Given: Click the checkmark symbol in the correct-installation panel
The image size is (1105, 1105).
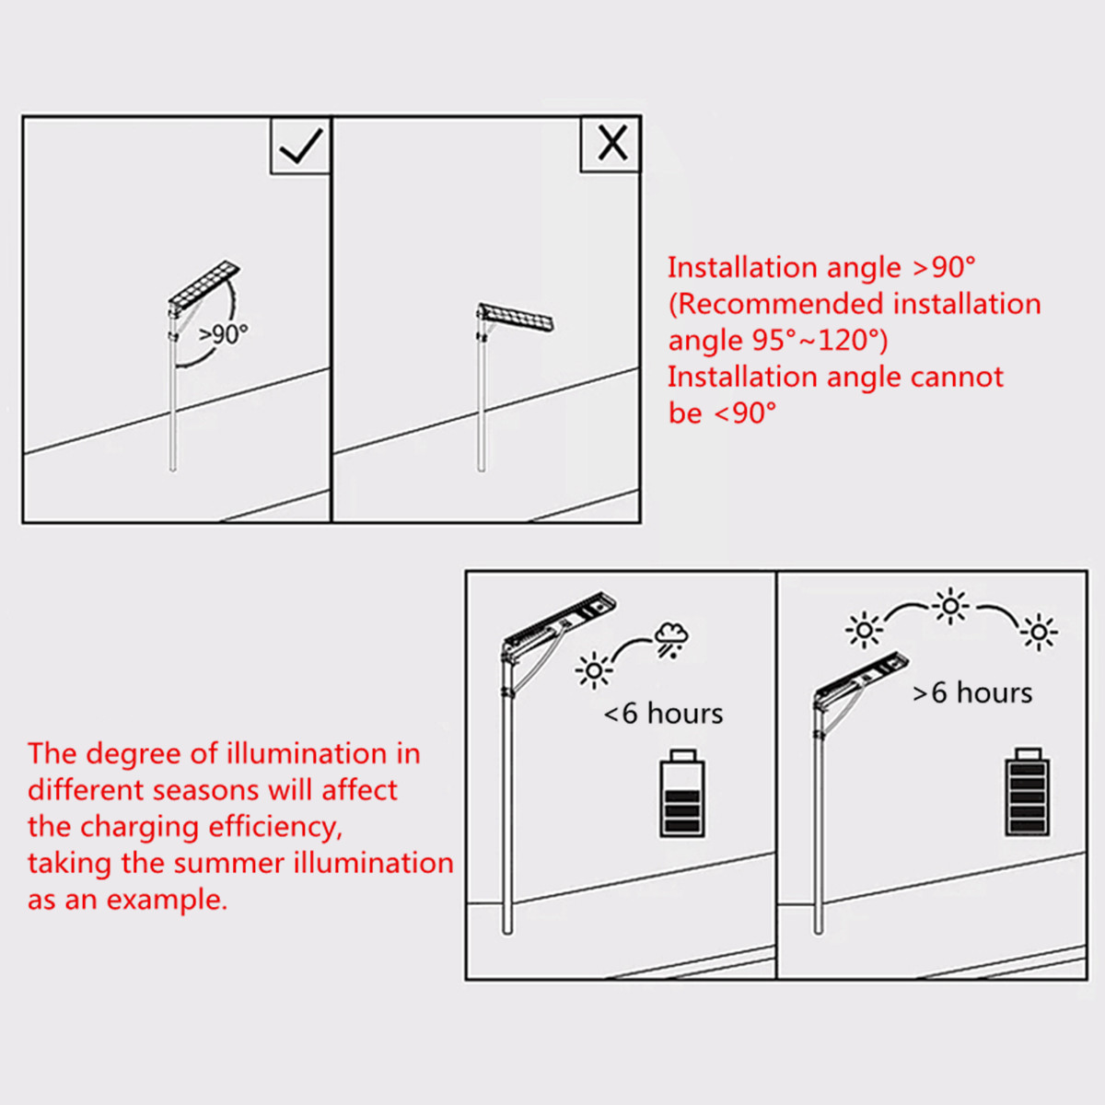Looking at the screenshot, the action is tap(301, 145).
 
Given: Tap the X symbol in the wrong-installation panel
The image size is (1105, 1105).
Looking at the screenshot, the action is tap(612, 144).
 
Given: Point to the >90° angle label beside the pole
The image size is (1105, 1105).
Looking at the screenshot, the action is tap(223, 333).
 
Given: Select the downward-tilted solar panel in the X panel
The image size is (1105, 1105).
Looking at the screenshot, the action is tap(516, 317).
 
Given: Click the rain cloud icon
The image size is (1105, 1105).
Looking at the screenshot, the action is tap(671, 640).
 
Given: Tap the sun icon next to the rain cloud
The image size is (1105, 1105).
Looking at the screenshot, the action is tap(594, 669).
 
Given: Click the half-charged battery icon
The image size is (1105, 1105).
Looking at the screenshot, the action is tap(681, 793).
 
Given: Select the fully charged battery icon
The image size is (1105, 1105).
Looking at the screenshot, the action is tap(1027, 792).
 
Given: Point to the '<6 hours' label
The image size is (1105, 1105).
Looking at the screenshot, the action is tap(663, 714).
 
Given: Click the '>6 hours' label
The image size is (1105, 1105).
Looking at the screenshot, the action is tap(972, 692).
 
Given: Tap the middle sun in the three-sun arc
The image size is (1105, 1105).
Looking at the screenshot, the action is tap(950, 606).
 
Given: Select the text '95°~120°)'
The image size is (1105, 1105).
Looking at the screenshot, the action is tap(820, 340).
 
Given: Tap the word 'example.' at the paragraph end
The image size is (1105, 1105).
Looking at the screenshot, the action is tap(168, 901).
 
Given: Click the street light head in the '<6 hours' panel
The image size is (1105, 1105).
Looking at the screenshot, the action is tap(560, 625).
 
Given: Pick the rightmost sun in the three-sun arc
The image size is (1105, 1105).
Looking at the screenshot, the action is tap(1039, 632).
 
